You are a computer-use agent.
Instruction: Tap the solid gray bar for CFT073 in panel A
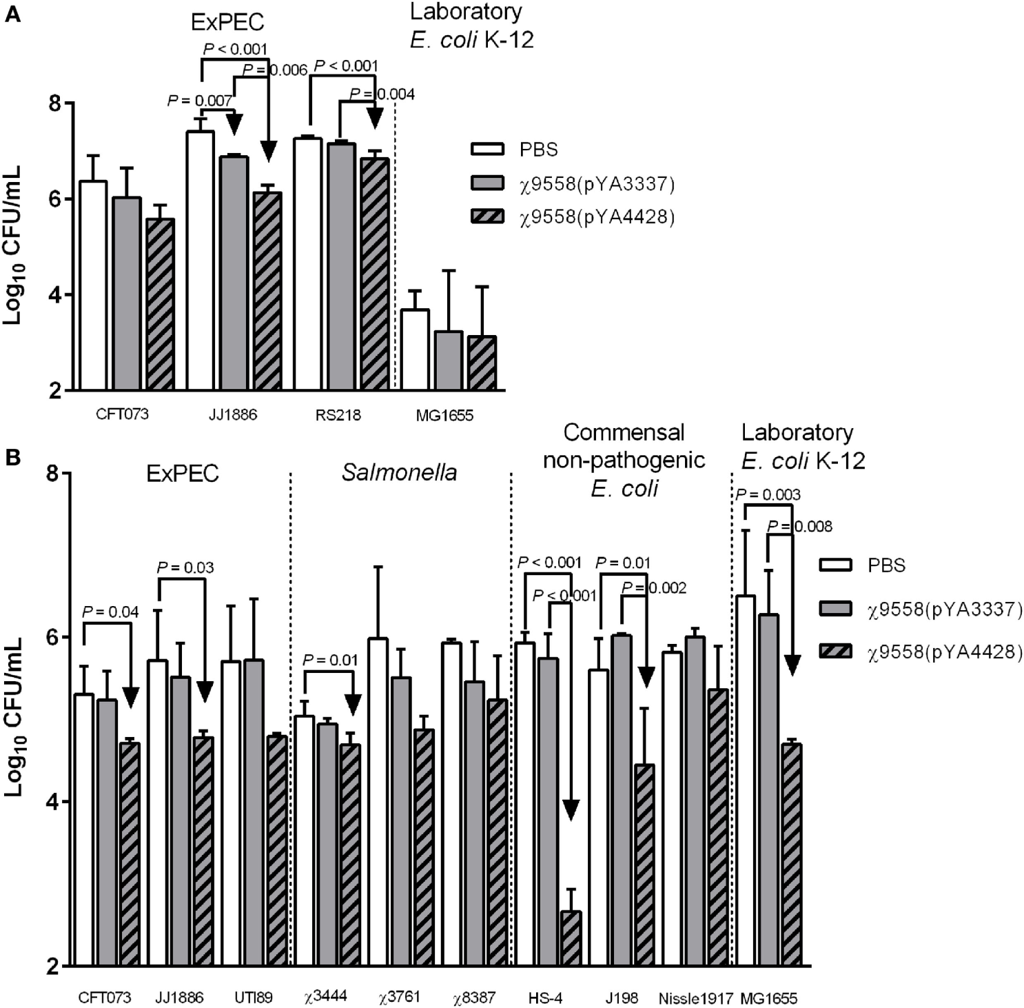[x=127, y=294]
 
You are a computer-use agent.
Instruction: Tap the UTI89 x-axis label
[x=254, y=998]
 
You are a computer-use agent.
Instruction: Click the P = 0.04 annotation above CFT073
[x=110, y=612]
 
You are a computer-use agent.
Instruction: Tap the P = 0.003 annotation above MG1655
[x=768, y=494]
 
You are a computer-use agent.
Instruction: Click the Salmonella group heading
[x=400, y=473]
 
